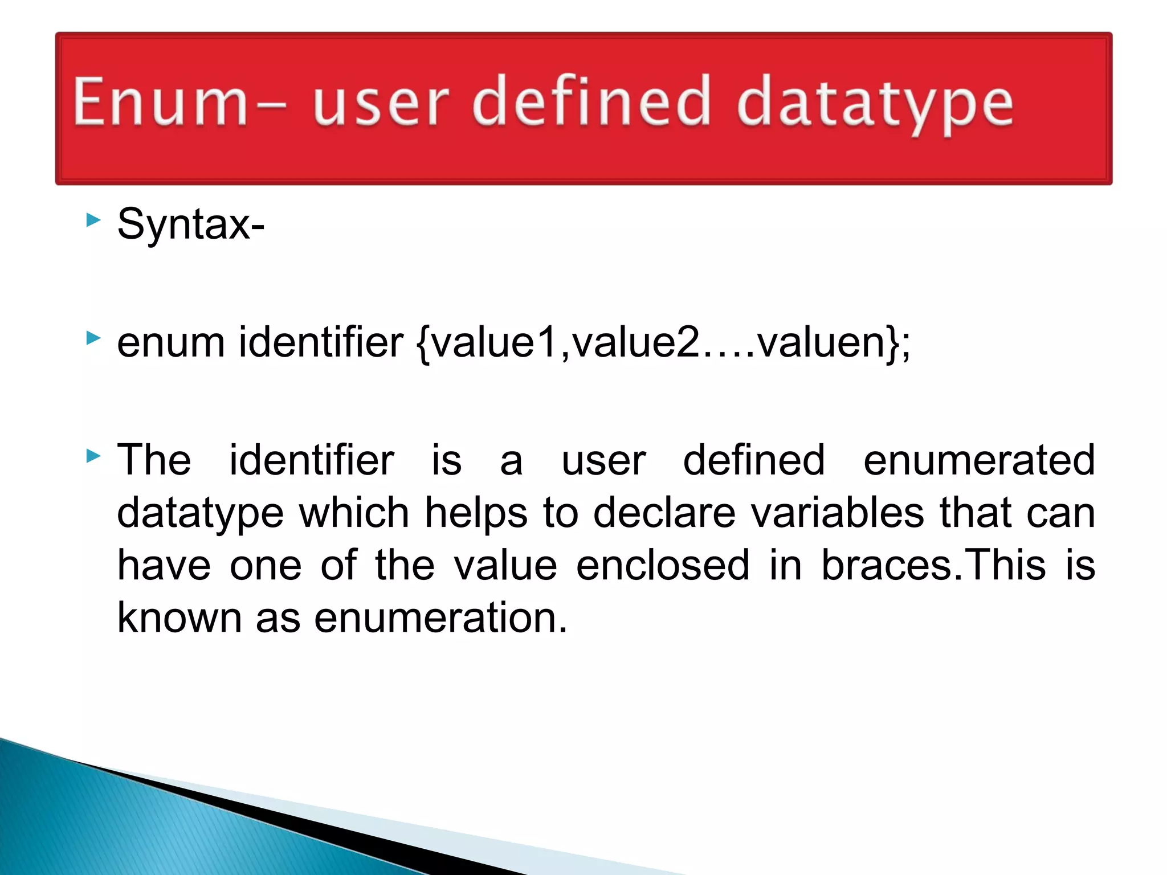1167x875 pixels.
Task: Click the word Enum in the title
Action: point(160,101)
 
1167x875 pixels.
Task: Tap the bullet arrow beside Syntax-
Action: point(93,220)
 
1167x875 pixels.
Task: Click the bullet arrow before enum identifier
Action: point(93,338)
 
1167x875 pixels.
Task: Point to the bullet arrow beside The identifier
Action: point(93,456)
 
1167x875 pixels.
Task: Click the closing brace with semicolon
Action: point(898,344)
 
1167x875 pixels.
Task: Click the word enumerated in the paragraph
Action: point(979,460)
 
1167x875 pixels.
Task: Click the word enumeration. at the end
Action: point(441,618)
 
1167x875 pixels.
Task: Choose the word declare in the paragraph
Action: point(664,513)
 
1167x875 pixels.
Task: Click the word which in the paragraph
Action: point(354,513)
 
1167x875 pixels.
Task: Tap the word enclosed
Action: point(663,565)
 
